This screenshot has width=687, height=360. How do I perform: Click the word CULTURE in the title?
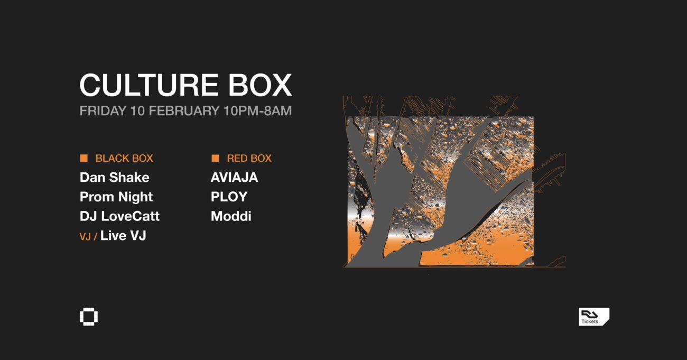[148, 85]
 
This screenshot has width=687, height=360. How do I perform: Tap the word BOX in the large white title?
[260, 85]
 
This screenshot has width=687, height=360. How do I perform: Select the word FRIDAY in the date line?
[103, 111]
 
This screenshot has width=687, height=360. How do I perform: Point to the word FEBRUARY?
[184, 111]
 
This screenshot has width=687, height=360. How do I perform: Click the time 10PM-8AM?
[258, 111]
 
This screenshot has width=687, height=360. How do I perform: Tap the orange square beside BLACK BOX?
[83, 158]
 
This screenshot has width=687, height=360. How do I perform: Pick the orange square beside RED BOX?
[215, 158]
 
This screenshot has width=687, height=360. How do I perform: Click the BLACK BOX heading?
[124, 159]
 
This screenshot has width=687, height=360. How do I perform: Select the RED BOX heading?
[249, 159]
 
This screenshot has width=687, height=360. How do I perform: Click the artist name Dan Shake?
[114, 178]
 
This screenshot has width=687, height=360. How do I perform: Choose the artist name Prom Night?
[116, 197]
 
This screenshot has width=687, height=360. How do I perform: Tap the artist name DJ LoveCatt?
[119, 216]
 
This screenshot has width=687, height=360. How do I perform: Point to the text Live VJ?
[123, 236]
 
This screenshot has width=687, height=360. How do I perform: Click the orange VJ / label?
[88, 237]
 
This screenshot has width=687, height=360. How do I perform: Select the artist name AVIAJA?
[234, 178]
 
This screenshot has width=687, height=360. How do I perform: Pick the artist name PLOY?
[229, 197]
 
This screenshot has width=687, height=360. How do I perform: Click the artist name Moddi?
[231, 216]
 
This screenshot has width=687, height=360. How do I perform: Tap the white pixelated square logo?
[89, 317]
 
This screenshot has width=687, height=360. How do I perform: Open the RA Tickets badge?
[594, 317]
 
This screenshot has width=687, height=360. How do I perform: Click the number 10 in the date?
[137, 111]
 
